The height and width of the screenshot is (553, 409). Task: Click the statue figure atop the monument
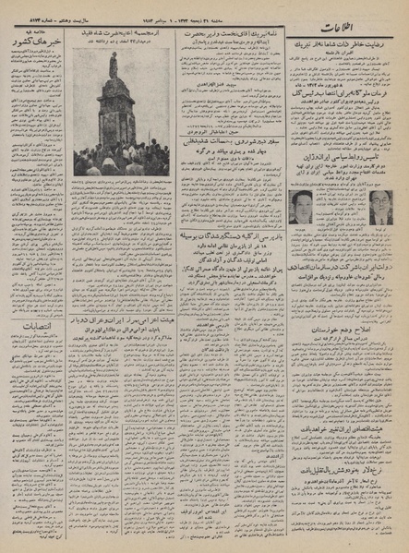click(x=112, y=65)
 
